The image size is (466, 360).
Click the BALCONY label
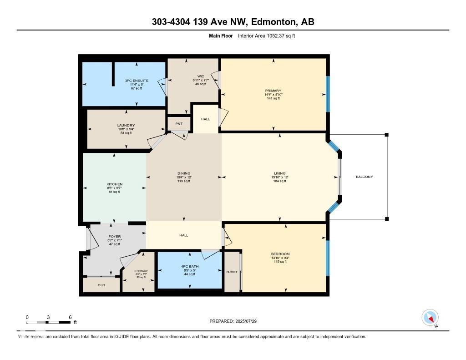(x=364, y=177)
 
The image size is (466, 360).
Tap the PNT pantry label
(x=178, y=123)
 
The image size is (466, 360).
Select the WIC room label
(x=200, y=76)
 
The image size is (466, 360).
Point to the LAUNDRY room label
(x=126, y=125)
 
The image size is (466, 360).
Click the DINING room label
(x=184, y=173)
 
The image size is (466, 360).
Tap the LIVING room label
(x=279, y=173)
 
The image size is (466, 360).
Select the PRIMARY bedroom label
(x=273, y=91)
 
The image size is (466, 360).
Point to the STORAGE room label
(x=141, y=271)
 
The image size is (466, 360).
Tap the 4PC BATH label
(x=189, y=266)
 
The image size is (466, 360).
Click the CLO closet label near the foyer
(x=101, y=285)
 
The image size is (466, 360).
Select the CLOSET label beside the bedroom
(x=232, y=272)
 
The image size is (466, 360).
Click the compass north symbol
(x=430, y=317)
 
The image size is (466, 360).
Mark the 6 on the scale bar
(x=70, y=317)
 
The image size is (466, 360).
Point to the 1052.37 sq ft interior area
(x=278, y=35)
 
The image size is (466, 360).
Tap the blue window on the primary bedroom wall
(x=327, y=94)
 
